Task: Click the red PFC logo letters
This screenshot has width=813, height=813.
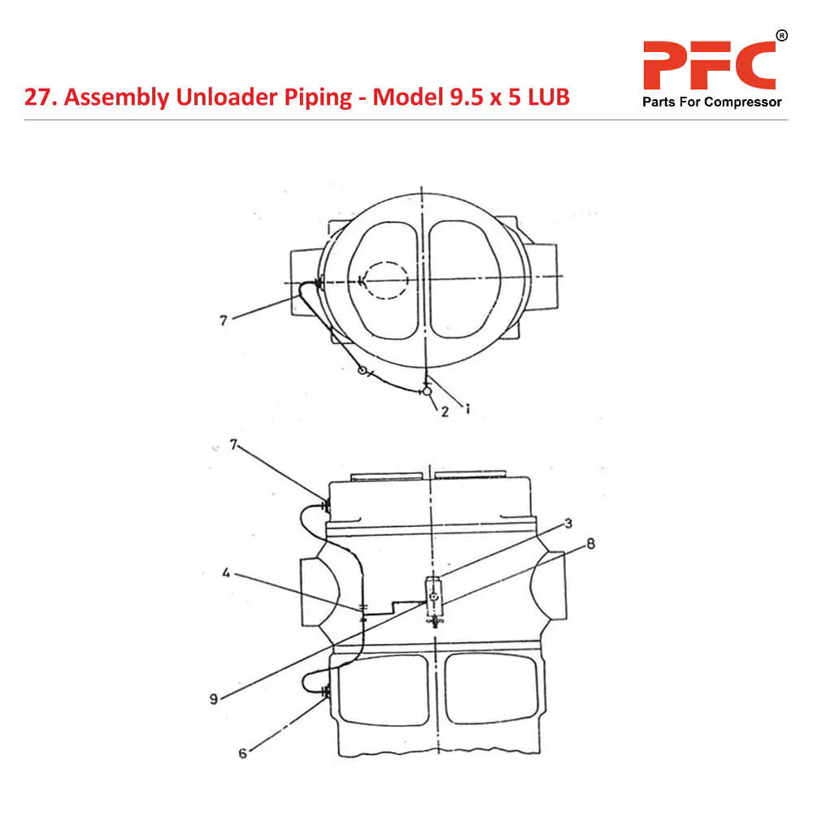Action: [x=709, y=65]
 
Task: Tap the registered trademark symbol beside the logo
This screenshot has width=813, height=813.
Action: [x=781, y=36]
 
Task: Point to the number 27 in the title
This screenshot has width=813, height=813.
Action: [x=38, y=98]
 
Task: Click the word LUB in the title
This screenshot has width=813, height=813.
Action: [x=549, y=97]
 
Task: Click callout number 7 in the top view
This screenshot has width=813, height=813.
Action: [x=224, y=320]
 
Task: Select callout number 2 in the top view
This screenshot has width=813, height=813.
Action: [x=445, y=411]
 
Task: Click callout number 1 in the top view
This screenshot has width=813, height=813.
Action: [x=467, y=409]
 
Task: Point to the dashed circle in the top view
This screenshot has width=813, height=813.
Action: [x=385, y=280]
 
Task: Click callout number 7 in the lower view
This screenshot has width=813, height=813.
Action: [x=233, y=445]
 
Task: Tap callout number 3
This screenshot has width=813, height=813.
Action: [x=568, y=523]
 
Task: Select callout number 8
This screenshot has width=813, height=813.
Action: [x=590, y=543]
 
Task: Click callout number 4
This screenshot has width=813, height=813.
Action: [x=226, y=573]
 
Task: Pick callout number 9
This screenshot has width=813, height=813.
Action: [x=214, y=699]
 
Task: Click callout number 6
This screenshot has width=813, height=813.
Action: [x=242, y=754]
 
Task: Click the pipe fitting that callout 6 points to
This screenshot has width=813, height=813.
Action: [x=326, y=691]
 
